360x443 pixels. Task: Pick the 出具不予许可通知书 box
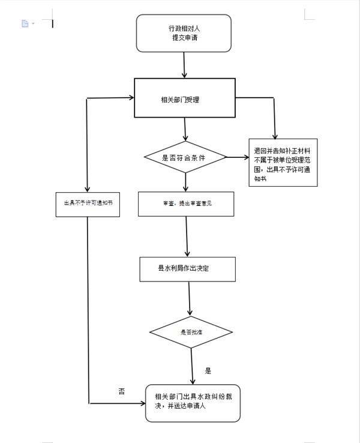[x=88, y=203]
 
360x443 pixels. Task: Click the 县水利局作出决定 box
[x=187, y=269]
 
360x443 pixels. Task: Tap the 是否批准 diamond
[x=191, y=332]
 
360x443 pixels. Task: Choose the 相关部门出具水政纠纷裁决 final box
[x=192, y=402]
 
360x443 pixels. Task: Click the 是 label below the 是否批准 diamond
[x=208, y=371]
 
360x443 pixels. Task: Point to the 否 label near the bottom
[x=122, y=391]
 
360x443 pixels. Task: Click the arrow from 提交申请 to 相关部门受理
[x=183, y=65]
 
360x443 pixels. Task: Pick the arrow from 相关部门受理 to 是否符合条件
[x=185, y=128]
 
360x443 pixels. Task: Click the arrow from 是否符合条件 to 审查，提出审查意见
[x=185, y=182]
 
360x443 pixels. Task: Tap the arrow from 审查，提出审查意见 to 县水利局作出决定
[x=187, y=237]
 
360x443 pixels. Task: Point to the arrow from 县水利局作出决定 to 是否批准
[x=190, y=298]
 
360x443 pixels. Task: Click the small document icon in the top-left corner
[x=25, y=23]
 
